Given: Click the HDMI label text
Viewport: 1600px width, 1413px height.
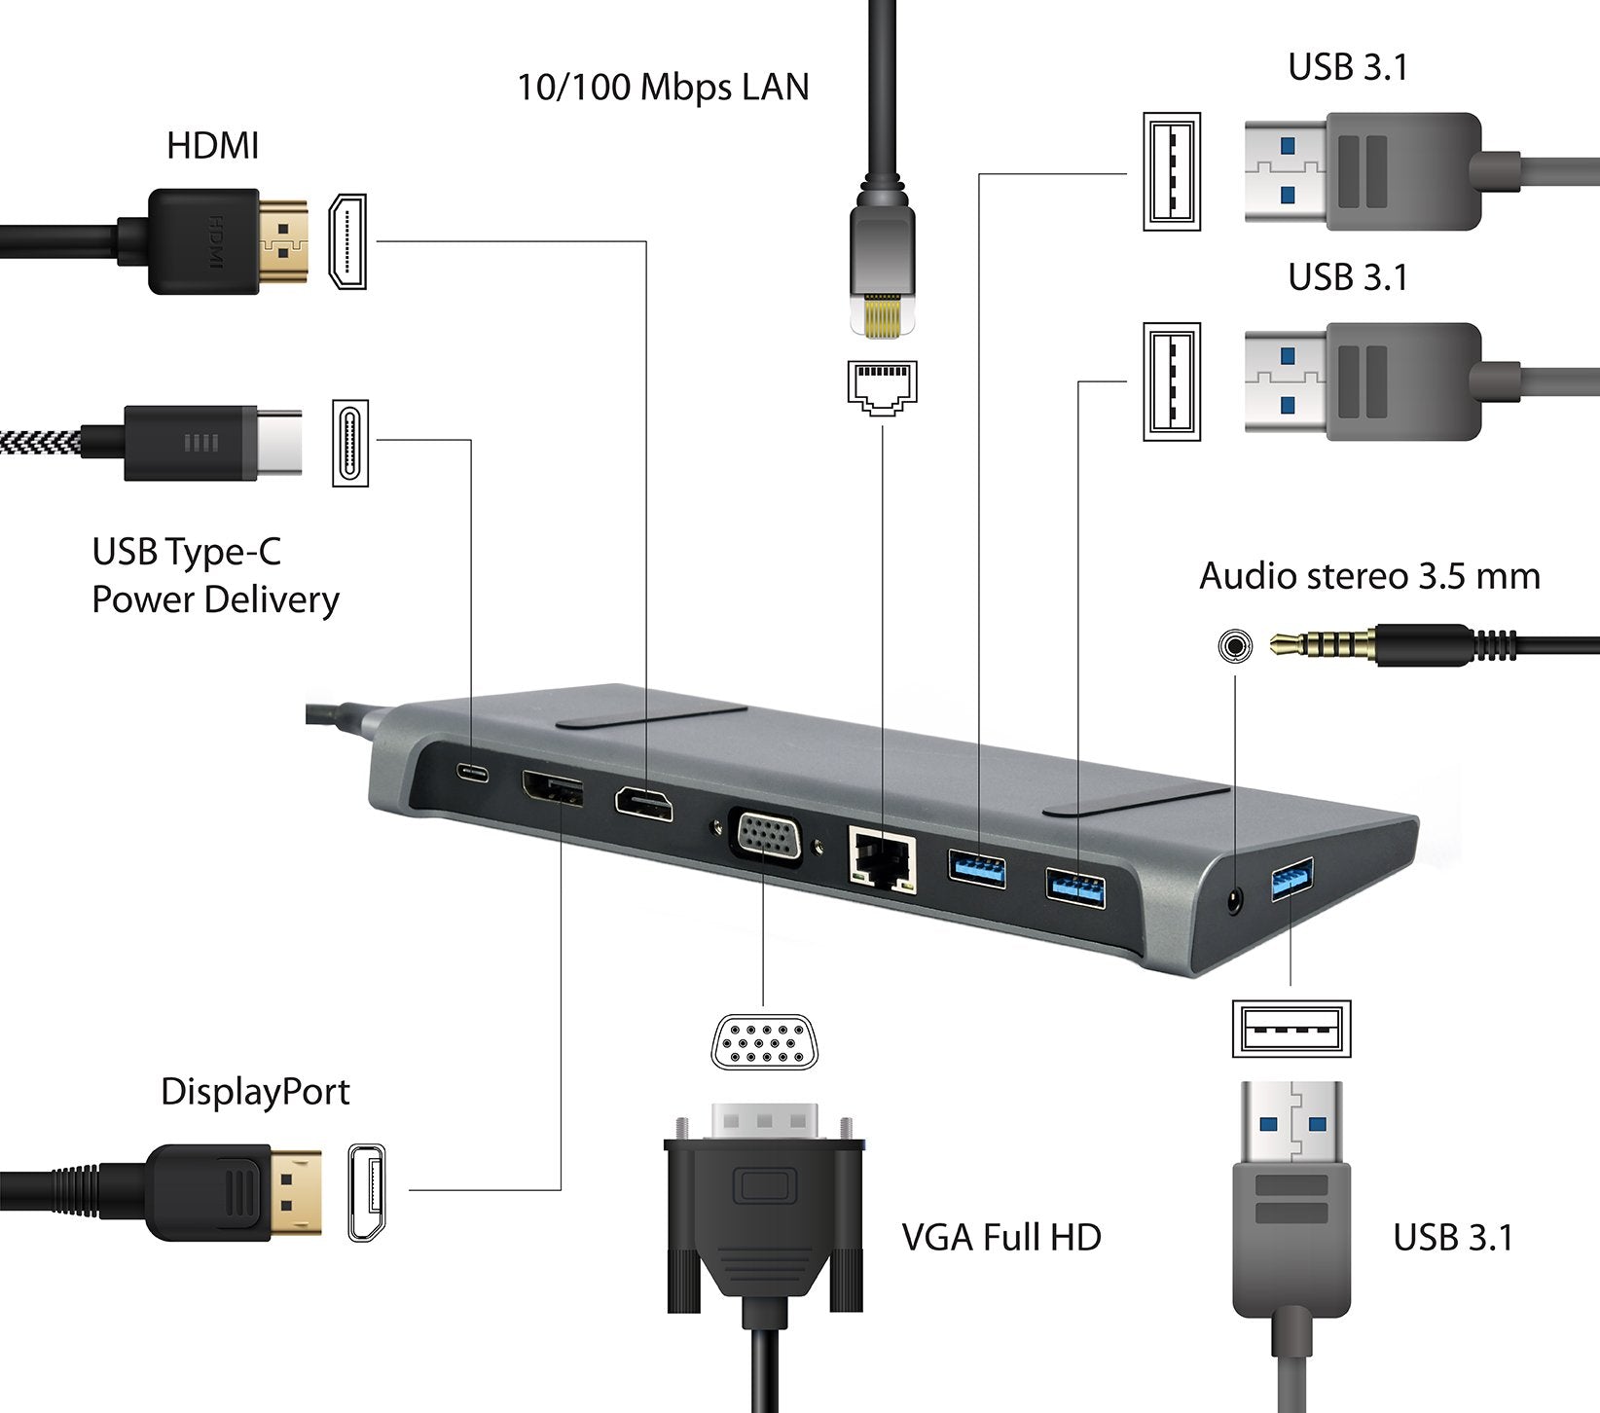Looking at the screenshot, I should click(212, 146).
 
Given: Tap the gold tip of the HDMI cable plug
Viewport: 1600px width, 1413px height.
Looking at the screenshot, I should click(283, 241).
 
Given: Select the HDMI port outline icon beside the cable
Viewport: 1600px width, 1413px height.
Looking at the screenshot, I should click(347, 241).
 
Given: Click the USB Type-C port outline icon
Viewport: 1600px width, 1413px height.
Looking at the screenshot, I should click(350, 443).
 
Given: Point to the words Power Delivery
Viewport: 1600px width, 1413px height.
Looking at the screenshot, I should click(215, 599).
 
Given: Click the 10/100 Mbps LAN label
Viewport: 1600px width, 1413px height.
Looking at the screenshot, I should click(663, 88).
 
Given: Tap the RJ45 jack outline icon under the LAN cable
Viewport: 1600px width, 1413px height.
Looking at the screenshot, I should click(882, 386).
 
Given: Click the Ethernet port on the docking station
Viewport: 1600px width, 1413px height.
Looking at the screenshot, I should click(882, 859).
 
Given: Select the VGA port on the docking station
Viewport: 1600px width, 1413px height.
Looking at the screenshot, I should click(766, 837).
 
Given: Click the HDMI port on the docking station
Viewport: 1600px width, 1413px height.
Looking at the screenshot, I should click(643, 805).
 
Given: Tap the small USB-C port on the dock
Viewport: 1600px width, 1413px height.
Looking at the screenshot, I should click(473, 774).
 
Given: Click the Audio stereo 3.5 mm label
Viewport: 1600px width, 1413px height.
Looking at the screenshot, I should click(1369, 576).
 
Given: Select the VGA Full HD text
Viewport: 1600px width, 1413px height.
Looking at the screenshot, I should click(1001, 1238).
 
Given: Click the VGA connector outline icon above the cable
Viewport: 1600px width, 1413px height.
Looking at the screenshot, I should click(765, 1042).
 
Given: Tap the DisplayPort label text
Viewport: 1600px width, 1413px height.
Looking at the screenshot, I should click(255, 1092).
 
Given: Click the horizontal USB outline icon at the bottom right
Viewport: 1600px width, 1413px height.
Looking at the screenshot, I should click(1291, 1029).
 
